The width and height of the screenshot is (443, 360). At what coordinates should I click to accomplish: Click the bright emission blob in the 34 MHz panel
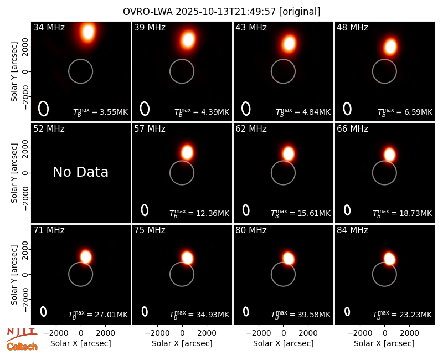tap(89, 32)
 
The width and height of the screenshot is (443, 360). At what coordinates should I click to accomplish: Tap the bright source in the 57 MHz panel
tap(187, 153)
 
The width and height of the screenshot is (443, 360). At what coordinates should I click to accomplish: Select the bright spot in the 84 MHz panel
tap(390, 259)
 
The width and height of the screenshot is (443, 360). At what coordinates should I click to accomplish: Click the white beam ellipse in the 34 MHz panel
tap(44, 109)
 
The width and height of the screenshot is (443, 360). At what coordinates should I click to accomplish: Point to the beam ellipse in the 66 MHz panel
tap(347, 210)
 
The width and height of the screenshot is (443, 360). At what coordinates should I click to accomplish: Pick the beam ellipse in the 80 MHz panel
tap(246, 311)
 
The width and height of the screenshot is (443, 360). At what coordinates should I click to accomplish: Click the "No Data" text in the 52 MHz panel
tap(80, 172)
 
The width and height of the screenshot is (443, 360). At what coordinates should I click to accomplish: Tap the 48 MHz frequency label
tap(352, 27)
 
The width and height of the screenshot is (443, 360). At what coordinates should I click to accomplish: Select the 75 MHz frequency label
tap(150, 230)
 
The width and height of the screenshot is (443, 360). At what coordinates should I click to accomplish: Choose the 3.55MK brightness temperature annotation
tap(114, 112)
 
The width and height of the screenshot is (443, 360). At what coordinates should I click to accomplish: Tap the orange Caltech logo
tap(22, 347)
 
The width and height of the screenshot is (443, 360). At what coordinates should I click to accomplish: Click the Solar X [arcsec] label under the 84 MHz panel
tap(384, 343)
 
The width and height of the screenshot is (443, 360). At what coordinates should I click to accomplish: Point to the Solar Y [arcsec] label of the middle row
tap(14, 173)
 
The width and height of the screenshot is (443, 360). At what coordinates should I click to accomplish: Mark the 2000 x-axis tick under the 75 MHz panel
tap(207, 333)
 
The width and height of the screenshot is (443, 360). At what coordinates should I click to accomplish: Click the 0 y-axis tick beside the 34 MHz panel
tap(26, 71)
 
